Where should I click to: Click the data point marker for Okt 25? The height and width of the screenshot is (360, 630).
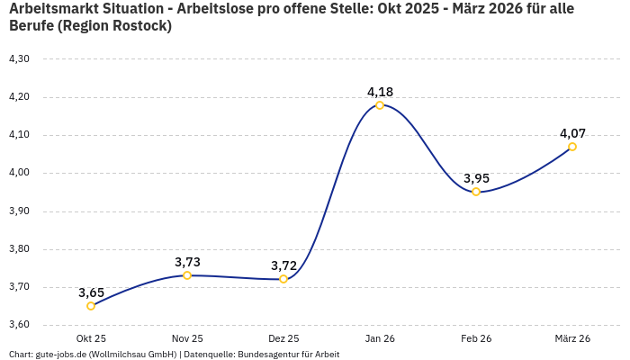[91, 306]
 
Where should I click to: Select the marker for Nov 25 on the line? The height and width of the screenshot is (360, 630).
[187, 275]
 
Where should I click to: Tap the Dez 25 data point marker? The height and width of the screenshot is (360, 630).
[283, 279]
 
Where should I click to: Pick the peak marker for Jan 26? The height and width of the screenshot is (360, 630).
[380, 105]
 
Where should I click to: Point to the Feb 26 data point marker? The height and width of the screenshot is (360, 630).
[476, 192]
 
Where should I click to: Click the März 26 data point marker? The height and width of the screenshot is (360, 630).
[572, 147]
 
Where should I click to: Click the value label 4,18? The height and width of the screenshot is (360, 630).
[380, 92]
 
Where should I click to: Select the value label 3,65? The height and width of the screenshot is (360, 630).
[91, 292]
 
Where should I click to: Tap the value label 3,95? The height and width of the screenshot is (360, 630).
[476, 178]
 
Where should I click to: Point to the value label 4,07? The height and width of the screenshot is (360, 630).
[572, 133]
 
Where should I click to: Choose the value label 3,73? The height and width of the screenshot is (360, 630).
[187, 262]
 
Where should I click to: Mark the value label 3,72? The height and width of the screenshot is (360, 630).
[283, 265]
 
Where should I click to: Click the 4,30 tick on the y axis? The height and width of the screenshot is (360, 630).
[19, 59]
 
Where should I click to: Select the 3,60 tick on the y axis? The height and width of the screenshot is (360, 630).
[19, 325]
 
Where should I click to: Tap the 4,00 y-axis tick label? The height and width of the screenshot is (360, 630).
[19, 173]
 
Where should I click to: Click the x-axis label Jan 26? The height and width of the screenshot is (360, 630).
[380, 338]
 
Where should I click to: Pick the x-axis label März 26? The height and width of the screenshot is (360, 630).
[572, 338]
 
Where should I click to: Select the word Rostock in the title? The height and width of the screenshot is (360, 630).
[139, 25]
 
